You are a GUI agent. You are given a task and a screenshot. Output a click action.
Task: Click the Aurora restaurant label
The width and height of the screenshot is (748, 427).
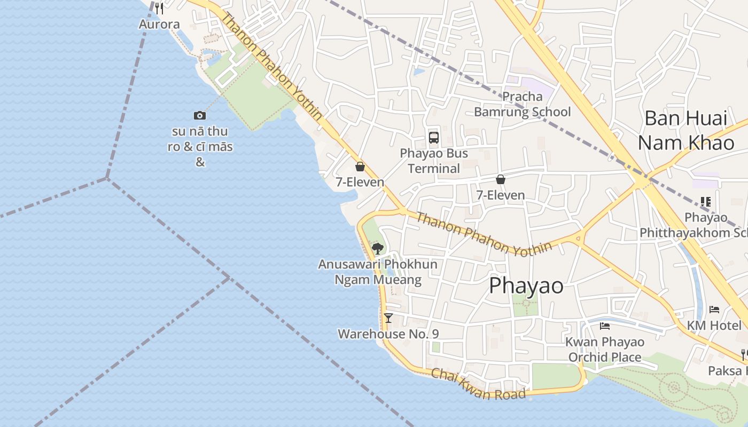159,24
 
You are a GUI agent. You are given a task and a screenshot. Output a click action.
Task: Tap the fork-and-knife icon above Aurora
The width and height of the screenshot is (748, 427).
159,8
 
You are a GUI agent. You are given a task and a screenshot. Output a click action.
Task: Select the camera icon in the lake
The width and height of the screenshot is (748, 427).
200,115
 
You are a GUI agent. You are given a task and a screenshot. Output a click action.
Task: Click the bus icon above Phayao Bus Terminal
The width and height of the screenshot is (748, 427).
434,138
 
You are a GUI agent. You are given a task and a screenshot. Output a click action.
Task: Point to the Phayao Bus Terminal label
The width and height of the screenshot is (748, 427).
434,161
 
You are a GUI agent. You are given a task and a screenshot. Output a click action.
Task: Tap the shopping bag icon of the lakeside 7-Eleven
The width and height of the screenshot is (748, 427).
360,167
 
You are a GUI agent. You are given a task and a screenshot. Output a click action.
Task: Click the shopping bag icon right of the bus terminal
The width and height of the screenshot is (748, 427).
501,179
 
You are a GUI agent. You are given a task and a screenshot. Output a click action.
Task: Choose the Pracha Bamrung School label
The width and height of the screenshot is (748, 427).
523,104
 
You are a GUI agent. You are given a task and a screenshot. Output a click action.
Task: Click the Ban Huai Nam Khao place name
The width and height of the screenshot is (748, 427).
686,130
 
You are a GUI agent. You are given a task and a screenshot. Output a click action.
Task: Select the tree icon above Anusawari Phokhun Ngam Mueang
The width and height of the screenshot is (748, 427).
378,248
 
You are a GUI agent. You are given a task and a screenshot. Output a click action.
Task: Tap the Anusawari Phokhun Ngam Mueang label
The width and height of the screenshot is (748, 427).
378,272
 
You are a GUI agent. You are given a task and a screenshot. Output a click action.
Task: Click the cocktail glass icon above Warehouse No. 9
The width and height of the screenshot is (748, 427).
388,318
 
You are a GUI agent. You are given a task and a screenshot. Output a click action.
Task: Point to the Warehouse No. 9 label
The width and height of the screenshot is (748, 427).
388,334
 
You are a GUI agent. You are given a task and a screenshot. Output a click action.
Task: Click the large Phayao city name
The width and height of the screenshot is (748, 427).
526,286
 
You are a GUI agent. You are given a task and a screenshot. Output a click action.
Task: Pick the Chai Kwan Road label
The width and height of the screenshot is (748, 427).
478,384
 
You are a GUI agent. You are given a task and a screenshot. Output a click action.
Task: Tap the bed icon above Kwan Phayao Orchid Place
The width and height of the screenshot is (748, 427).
605,326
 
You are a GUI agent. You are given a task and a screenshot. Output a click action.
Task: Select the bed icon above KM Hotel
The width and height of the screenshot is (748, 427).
714,310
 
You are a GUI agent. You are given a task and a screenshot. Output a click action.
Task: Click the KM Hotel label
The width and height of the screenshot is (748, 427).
714,326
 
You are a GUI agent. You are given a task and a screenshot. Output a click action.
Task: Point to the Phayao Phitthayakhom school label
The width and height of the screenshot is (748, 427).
694,225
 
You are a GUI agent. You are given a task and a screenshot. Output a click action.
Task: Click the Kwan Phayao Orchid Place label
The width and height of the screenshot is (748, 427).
605,350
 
